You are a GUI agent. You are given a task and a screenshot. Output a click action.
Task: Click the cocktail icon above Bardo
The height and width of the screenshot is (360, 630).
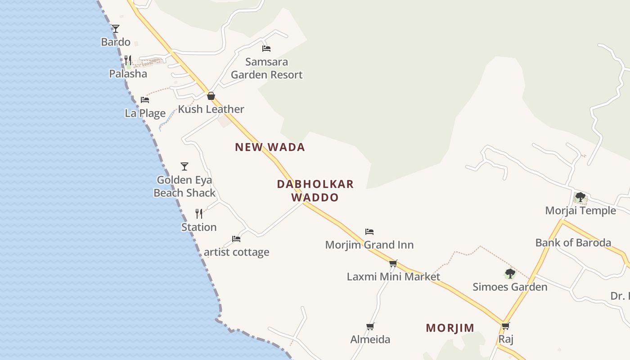116,29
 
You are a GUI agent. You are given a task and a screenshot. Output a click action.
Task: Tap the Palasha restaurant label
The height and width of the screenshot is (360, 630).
128,73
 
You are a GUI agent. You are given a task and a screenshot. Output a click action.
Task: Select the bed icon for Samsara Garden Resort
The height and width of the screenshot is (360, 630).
266,48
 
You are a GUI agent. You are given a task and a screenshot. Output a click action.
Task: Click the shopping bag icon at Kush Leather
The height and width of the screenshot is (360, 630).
211,96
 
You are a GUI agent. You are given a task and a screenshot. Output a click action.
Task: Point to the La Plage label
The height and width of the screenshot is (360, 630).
145,113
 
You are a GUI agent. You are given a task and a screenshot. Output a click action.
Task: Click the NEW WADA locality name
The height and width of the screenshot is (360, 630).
270,147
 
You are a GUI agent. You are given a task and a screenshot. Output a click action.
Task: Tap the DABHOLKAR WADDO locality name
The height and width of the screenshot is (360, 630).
315,190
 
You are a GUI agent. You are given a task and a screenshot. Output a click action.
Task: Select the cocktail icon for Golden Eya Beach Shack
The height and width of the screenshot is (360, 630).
184,166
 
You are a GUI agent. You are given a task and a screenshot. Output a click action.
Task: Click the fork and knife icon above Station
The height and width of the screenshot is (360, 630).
199,213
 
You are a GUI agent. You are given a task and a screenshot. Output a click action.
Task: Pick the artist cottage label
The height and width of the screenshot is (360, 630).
237,252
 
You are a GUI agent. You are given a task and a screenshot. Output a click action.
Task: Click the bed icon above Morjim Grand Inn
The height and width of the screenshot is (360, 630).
369,232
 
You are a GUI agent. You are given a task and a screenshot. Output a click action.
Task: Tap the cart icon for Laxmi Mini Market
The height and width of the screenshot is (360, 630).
393,263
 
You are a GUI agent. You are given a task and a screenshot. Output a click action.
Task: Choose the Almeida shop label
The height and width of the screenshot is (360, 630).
370,339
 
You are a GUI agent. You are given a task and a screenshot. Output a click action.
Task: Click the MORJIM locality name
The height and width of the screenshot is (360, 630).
450,328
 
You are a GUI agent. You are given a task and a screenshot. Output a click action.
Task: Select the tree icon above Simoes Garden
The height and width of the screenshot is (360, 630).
510,274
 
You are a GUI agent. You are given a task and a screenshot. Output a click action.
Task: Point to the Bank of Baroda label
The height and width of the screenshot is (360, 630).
573,243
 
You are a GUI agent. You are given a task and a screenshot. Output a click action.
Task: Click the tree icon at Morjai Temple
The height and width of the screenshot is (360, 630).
580,197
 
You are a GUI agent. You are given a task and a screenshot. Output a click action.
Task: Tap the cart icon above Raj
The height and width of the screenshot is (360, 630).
506,326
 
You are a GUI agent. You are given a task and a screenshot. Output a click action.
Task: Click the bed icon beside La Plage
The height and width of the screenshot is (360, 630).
145,99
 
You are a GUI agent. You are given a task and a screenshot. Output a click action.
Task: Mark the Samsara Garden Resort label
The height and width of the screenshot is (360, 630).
267,68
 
